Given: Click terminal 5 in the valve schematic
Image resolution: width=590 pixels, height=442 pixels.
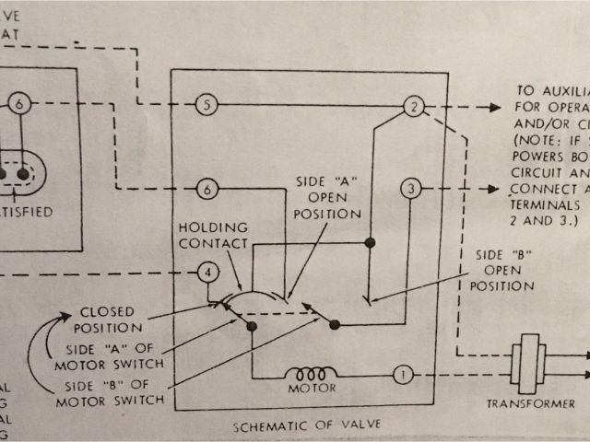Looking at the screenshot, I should tap(207, 106).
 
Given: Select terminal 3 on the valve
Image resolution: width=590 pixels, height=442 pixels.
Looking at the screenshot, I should tap(410, 191).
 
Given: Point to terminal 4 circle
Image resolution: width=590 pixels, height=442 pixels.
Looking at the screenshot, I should tap(208, 273).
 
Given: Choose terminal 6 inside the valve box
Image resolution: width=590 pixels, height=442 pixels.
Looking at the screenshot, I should tap(208, 190).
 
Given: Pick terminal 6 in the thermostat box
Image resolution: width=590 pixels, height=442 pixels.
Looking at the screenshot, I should tap(22, 105).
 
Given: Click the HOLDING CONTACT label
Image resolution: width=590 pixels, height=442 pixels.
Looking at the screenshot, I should tap(212, 236).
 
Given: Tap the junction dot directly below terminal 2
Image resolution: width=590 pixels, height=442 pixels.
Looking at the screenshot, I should tap(371, 242).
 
